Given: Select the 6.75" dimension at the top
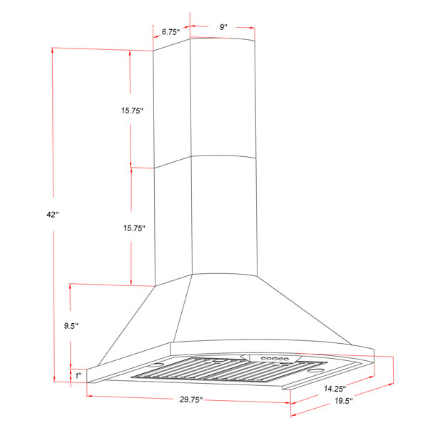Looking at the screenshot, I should click(170, 32).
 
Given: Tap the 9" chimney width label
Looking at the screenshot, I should click(223, 27).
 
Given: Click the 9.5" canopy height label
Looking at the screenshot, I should click(70, 326).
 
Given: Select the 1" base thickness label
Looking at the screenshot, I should click(77, 374).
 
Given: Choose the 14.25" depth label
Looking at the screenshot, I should click(333, 389).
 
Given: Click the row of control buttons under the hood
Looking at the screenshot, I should click(274, 358).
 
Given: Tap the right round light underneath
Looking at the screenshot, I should click(316, 371).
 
